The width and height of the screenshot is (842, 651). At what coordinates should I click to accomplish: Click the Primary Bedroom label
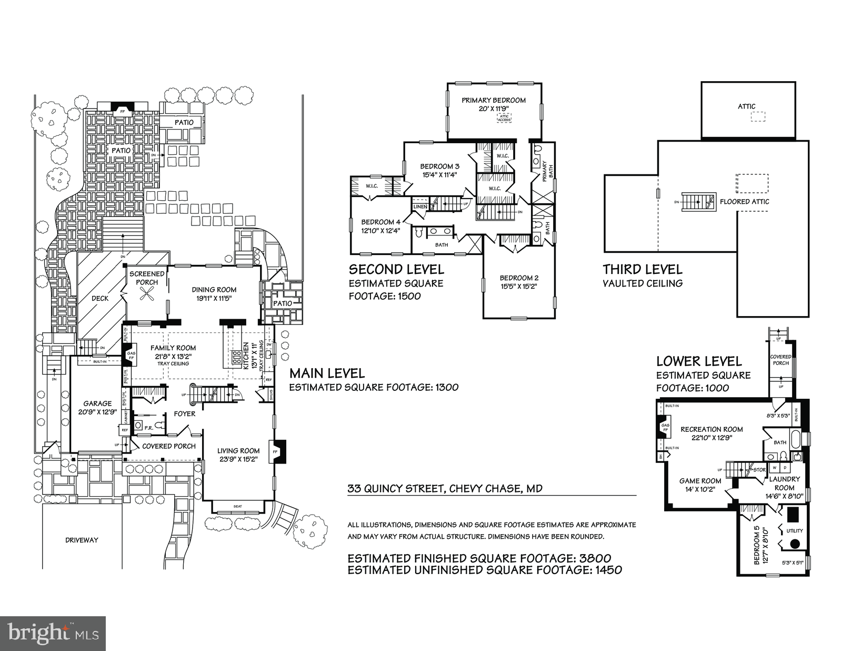click(493, 100)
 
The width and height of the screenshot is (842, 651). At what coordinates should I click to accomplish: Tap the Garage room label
click(97, 403)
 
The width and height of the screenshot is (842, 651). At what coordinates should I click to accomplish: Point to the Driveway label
click(82, 540)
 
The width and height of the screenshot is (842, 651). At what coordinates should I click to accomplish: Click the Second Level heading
click(396, 270)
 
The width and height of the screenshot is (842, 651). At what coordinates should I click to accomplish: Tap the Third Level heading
click(642, 270)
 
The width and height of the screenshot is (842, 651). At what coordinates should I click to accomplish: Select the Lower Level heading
click(699, 361)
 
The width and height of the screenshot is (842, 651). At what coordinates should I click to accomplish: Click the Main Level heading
click(327, 373)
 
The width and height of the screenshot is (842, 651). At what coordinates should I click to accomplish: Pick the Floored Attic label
click(744, 202)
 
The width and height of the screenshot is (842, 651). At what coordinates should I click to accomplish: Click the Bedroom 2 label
click(519, 278)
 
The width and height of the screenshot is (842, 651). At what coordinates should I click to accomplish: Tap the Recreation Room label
click(711, 429)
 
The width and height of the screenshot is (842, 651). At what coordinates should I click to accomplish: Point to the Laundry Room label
click(785, 479)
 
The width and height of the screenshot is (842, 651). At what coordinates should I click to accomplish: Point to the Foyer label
click(184, 414)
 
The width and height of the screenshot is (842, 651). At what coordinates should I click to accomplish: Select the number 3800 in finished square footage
click(591, 558)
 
